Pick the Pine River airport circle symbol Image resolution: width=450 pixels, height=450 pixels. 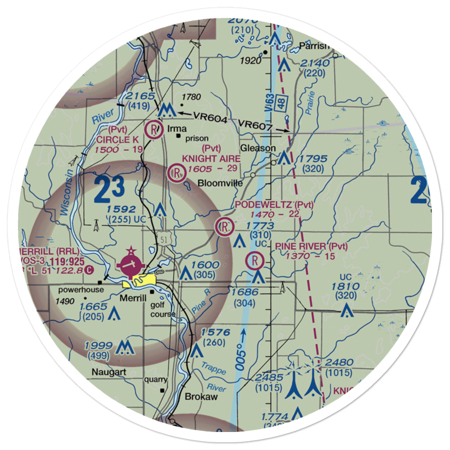(255, 260)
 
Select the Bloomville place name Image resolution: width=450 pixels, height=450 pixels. (220, 183)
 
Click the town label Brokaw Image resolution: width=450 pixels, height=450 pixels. (201, 397)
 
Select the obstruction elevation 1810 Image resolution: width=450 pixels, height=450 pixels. (346, 287)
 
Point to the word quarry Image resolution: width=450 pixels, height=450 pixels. (156, 379)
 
